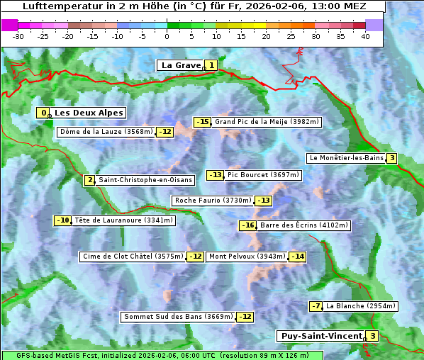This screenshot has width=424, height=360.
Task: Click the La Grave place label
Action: (x=181, y=65)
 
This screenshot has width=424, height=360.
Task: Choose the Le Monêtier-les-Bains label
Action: (x=345, y=158)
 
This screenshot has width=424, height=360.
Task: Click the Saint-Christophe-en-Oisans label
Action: (x=145, y=180)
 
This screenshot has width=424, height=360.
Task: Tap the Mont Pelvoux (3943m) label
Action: (x=247, y=257)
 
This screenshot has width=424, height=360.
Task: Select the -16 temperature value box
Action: (x=247, y=225)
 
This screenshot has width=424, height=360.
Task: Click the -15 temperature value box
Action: (x=203, y=122)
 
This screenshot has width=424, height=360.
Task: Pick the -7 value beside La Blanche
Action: (x=316, y=306)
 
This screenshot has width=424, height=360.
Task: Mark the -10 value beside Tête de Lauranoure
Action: (x=63, y=220)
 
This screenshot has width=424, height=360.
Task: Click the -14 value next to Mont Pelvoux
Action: (x=297, y=257)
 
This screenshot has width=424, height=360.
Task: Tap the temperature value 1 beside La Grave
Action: (x=211, y=65)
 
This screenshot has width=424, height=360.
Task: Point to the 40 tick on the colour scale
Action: (x=365, y=35)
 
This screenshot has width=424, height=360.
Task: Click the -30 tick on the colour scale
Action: (x=18, y=35)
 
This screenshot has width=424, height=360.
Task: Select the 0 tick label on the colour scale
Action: (x=167, y=35)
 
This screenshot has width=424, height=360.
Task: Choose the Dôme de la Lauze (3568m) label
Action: (x=106, y=131)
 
